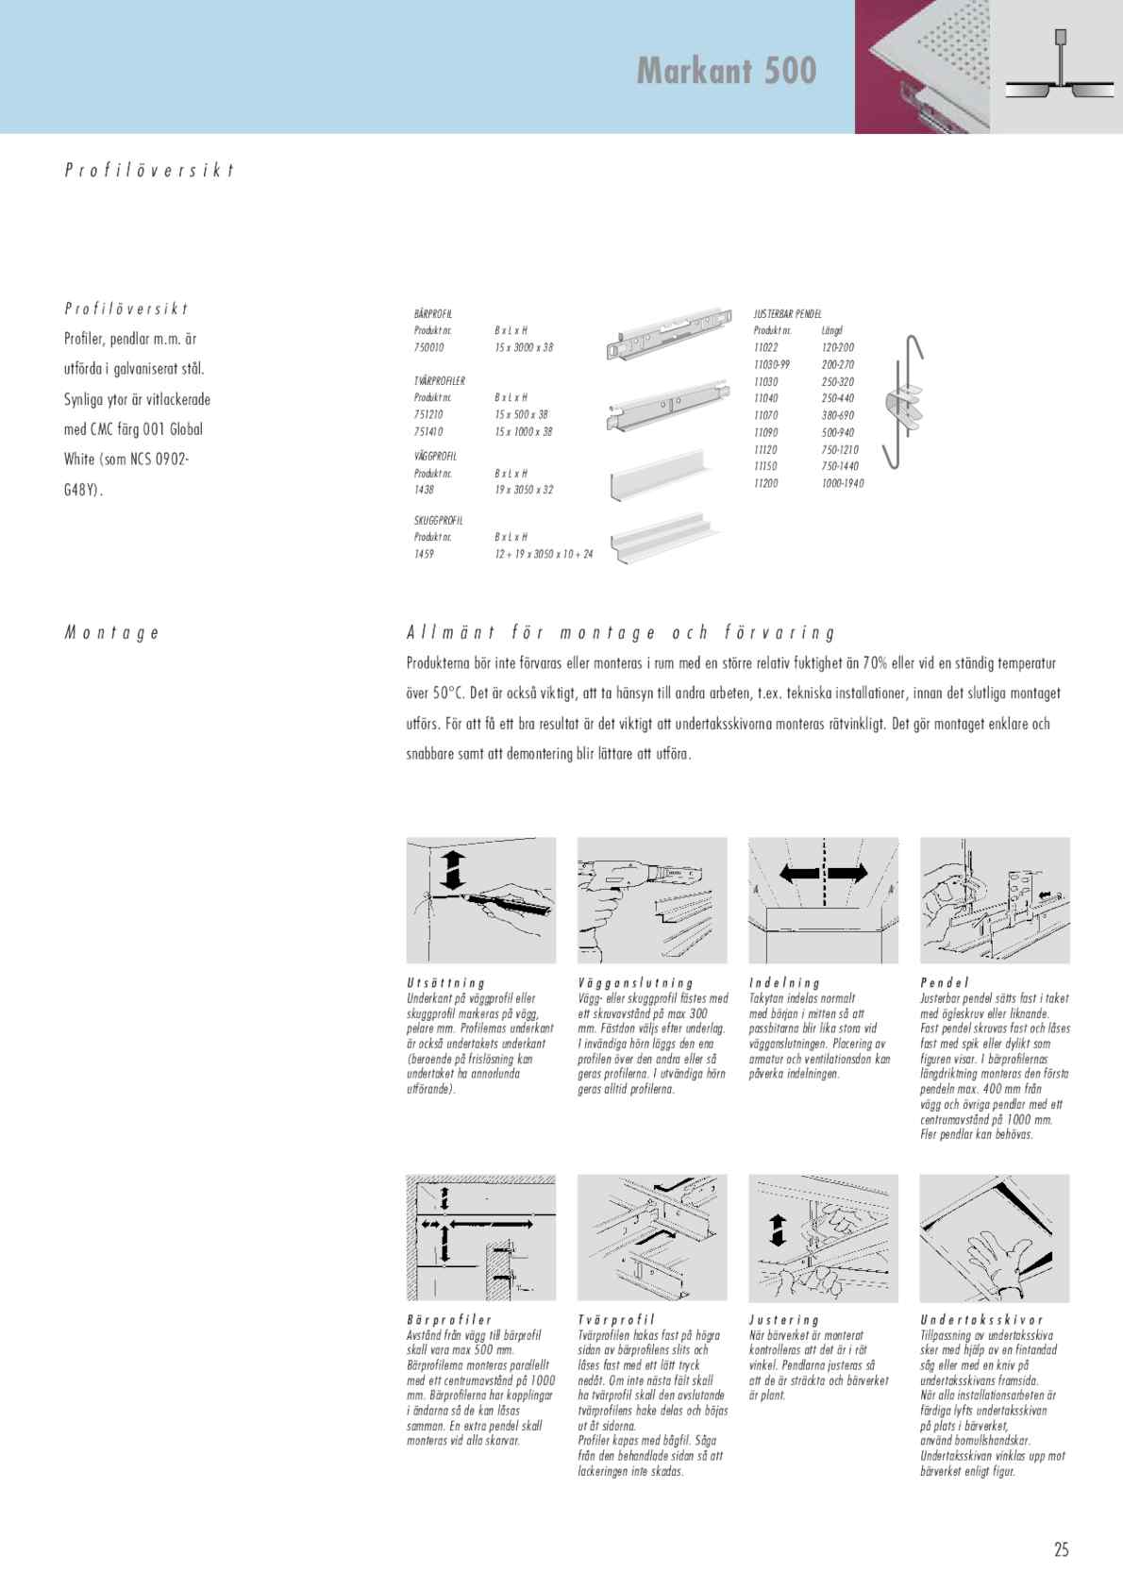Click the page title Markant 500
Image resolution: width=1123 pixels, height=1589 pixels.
(726, 71)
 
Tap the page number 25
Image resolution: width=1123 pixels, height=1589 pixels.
(1062, 1549)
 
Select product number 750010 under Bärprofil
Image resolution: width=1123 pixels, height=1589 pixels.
(429, 347)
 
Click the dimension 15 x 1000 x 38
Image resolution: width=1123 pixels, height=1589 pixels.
(524, 431)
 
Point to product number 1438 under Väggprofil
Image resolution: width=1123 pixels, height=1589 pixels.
(424, 490)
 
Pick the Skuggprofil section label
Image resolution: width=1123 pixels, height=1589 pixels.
(439, 520)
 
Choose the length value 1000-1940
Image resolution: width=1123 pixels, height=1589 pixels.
(843, 483)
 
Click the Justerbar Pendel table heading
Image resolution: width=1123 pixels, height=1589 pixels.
(788, 312)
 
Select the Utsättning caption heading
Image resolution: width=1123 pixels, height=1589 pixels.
(445, 983)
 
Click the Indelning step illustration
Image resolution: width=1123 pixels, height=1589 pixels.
(823, 899)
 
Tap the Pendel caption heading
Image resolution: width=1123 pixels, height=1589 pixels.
(945, 983)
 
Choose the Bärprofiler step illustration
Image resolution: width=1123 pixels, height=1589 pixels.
(481, 1238)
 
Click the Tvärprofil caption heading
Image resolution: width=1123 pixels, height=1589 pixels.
(615, 1320)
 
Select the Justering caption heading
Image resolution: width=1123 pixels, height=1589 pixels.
(784, 1320)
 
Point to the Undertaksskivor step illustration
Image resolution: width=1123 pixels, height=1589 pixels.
(995, 1238)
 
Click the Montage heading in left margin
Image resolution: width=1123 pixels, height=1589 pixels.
(111, 633)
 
